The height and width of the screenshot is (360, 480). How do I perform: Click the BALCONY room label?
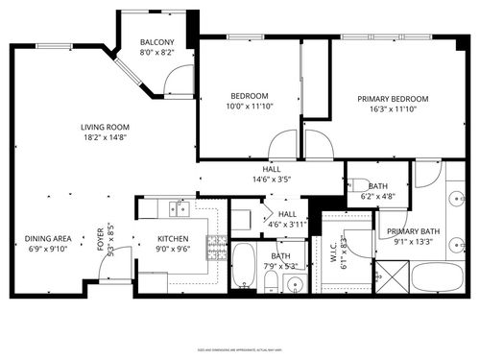[x=156, y=43]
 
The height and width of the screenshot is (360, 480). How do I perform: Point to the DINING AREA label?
[x=48, y=238]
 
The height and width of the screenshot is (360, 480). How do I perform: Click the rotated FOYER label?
[x=100, y=240]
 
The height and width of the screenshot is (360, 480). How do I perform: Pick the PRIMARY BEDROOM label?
[x=393, y=99]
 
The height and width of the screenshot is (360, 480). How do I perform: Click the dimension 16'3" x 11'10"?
[x=393, y=109]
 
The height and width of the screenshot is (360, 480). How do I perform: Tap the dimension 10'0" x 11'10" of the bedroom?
[x=250, y=107]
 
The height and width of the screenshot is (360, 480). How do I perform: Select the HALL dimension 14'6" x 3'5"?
[x=272, y=179]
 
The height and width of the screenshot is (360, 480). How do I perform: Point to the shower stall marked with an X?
[x=392, y=280]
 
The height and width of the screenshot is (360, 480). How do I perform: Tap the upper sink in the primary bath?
[x=456, y=201]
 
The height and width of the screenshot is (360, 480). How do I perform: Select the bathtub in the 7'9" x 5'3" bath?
[x=244, y=267]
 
